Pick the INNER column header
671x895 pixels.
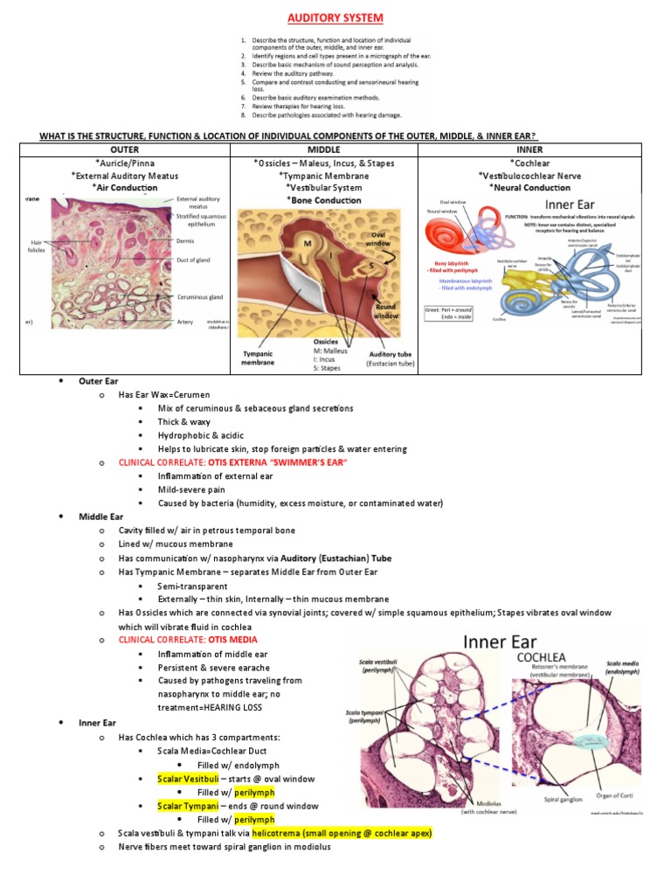(530, 149)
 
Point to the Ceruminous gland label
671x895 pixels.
(199, 296)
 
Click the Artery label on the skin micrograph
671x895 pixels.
(186, 322)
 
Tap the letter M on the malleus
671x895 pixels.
(308, 244)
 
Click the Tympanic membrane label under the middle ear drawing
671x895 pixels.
(259, 358)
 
